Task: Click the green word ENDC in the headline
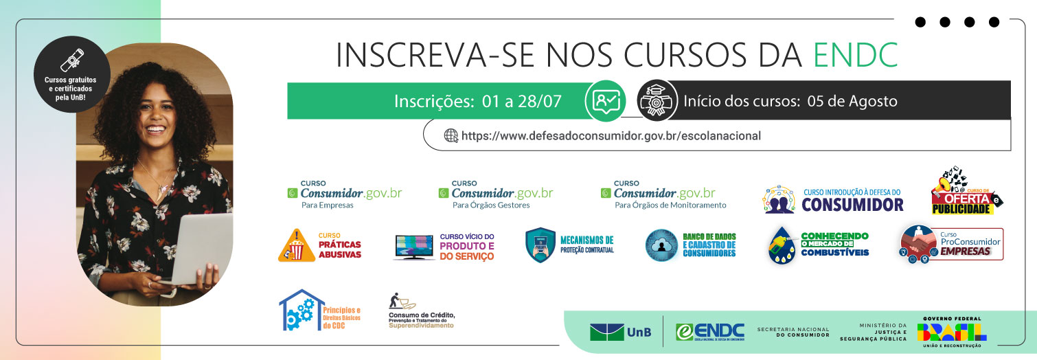855,56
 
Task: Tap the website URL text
611,135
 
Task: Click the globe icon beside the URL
451,135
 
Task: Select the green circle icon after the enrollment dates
605,101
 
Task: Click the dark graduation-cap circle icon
657,101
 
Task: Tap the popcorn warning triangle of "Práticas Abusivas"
297,245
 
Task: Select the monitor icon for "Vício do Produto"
413,247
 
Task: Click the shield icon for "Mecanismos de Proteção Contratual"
540,245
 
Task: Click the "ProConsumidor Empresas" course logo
951,244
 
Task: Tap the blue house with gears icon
299,311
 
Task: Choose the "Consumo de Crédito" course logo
421,311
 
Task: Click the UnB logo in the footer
616,332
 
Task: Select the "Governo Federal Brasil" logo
952,330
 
